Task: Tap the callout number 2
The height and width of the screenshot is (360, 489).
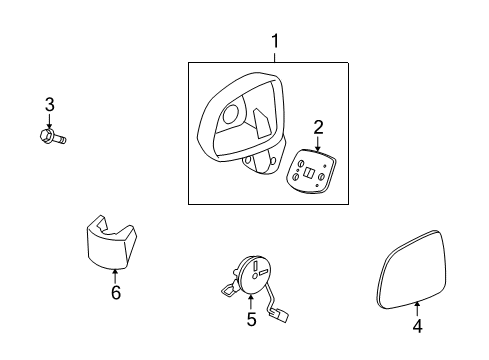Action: (x=318, y=126)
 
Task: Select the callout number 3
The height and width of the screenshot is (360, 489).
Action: (x=48, y=104)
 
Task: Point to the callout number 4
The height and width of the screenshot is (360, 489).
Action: (x=418, y=325)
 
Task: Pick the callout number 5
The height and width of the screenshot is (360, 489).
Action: (x=251, y=320)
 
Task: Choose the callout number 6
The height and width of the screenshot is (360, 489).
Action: (x=115, y=293)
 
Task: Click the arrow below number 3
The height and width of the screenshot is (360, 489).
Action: (x=48, y=121)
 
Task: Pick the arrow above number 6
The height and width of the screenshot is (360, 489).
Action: (x=115, y=276)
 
